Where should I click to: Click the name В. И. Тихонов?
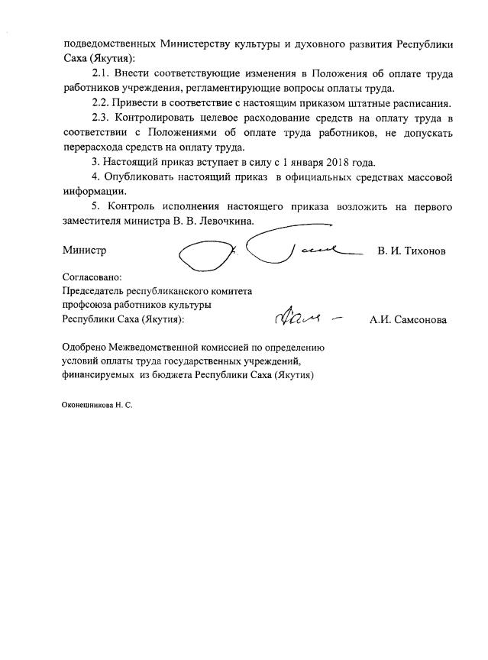point(412,251)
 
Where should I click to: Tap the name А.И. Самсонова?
point(408,320)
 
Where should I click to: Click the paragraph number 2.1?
point(102,73)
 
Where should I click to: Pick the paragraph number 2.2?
point(102,103)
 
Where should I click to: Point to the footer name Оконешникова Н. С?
point(97,405)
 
